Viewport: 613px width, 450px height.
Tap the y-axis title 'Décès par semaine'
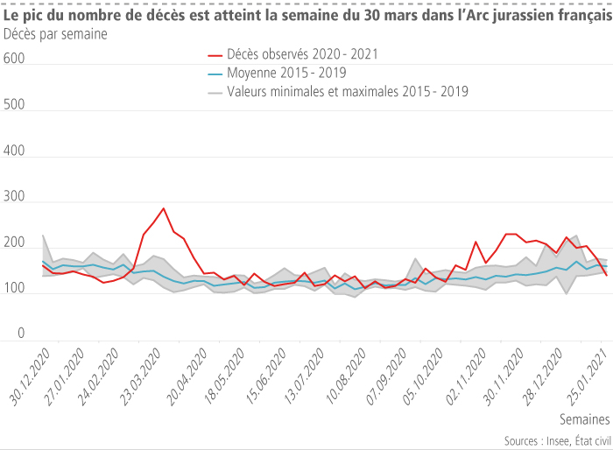tap(56, 35)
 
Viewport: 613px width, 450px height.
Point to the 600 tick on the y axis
tap(14, 60)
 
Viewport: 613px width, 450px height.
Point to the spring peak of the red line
tap(164, 208)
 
